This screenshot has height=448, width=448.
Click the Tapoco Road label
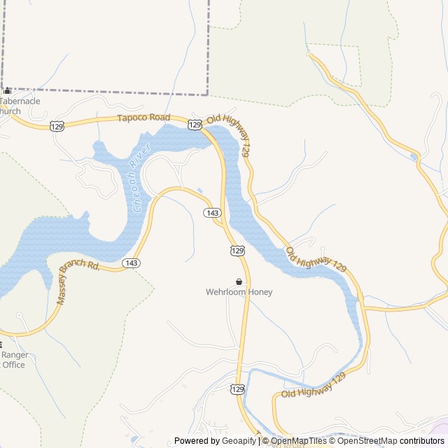(x=144, y=118)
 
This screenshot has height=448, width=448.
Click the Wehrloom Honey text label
(x=239, y=292)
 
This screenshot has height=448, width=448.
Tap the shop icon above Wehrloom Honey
(x=239, y=281)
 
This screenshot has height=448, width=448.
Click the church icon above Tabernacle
(x=8, y=91)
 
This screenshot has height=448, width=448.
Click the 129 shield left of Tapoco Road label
(x=57, y=125)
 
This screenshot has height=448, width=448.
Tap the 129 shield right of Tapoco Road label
(x=195, y=124)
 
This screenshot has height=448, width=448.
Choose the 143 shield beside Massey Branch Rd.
(x=130, y=262)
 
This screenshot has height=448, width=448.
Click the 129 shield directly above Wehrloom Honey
(x=238, y=250)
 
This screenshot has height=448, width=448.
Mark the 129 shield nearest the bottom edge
(x=238, y=389)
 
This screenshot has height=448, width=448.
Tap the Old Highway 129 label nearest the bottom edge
(x=314, y=386)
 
